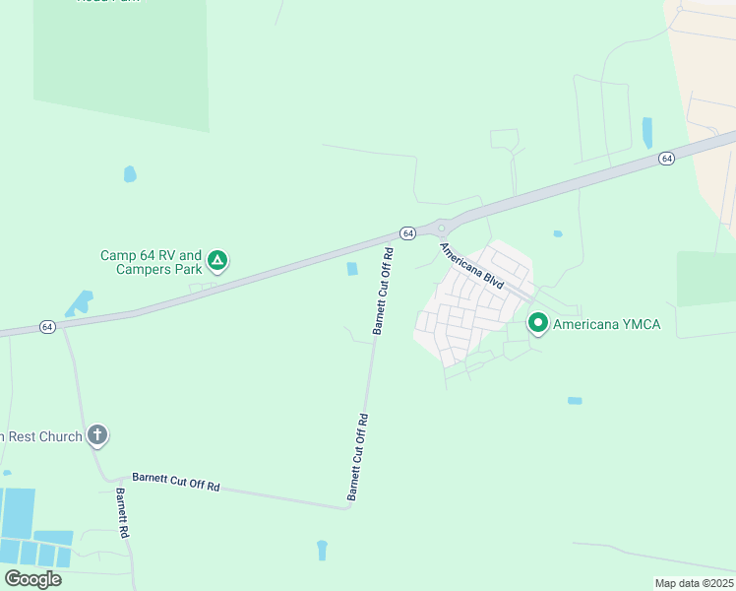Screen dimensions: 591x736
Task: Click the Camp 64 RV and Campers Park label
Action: (151, 262)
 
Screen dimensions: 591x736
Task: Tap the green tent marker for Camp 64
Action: (217, 261)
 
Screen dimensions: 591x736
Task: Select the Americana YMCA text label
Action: (607, 323)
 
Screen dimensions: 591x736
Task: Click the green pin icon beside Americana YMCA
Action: (538, 322)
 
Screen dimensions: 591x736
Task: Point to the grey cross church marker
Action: (96, 434)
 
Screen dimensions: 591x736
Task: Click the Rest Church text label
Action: (41, 436)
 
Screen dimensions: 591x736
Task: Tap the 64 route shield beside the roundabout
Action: (407, 232)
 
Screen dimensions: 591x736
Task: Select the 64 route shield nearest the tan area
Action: (666, 158)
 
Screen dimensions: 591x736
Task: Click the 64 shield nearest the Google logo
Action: (46, 326)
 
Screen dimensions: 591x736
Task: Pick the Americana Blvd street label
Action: (472, 266)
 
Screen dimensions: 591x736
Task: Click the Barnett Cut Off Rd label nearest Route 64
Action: (383, 292)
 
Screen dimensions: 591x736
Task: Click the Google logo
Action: (32, 578)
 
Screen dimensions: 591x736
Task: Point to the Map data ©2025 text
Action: (693, 583)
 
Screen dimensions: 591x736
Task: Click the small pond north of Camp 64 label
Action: (130, 174)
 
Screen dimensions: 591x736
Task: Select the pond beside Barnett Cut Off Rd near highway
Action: (352, 269)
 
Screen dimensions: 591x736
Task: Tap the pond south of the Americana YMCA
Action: (575, 401)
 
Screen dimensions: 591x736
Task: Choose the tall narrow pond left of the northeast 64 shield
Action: (646, 132)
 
